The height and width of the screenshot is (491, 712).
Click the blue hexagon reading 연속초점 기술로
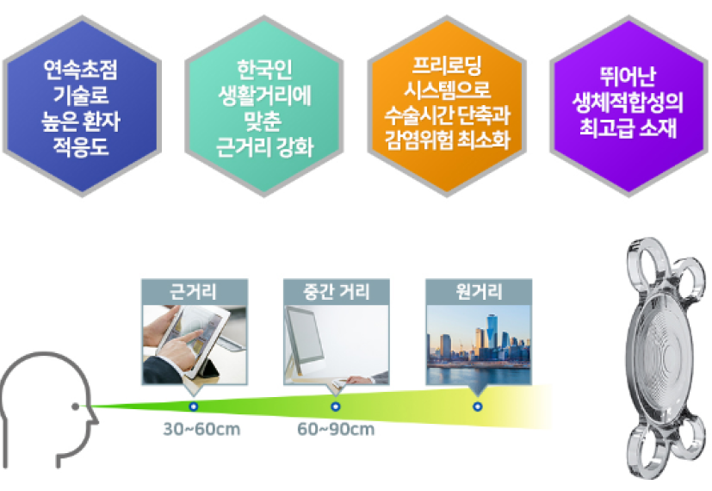click(x=82, y=106)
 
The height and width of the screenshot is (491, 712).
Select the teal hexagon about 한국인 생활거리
click(x=264, y=106)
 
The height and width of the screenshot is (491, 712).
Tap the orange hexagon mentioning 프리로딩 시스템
click(x=447, y=106)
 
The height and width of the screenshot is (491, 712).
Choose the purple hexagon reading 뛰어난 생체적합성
click(x=628, y=106)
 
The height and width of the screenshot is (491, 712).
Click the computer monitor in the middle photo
click(x=303, y=336)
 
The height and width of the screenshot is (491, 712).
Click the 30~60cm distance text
click(x=201, y=429)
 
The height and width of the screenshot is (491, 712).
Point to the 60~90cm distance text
click(x=336, y=429)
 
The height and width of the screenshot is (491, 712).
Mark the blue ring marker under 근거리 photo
click(x=194, y=406)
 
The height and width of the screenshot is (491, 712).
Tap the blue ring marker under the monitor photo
click(x=336, y=406)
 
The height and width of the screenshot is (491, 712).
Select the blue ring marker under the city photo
click(x=477, y=406)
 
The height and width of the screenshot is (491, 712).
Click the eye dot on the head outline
click(x=76, y=406)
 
